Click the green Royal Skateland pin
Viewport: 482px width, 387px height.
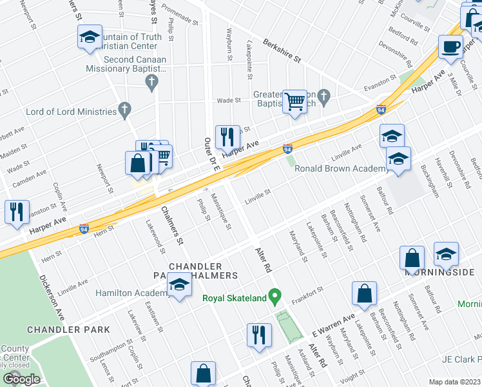click(276, 297)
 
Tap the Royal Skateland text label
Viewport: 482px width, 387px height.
click(234, 298)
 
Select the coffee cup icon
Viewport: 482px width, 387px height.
click(450, 46)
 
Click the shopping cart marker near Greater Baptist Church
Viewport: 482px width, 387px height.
click(295, 101)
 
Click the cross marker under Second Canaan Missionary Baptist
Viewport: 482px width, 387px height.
click(151, 81)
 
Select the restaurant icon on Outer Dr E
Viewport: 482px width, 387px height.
click(227, 137)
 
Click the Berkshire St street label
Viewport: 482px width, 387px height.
click(282, 50)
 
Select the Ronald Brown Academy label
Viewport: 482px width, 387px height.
click(341, 169)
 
